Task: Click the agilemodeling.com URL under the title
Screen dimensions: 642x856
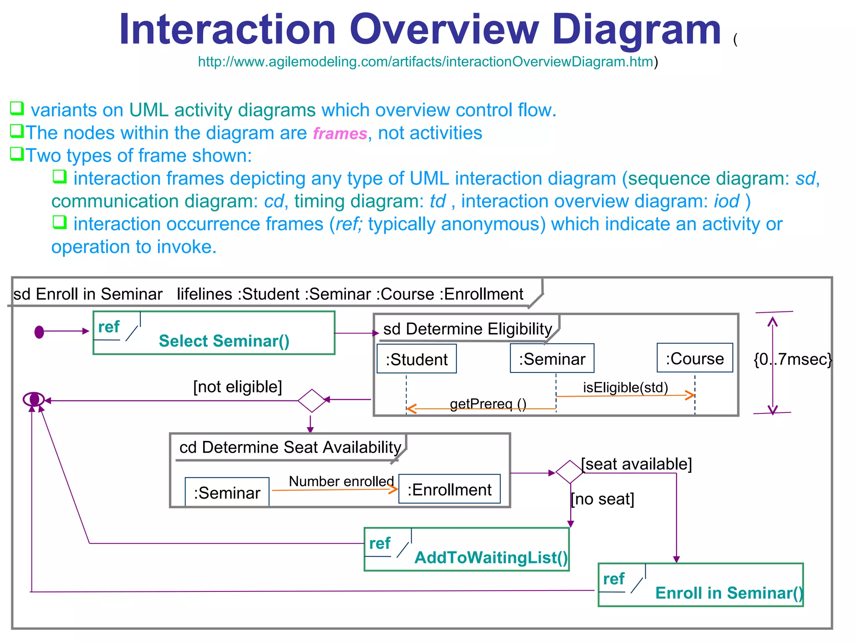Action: click(x=425, y=62)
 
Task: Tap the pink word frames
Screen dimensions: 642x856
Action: click(x=340, y=134)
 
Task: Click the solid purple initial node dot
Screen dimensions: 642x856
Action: click(x=39, y=332)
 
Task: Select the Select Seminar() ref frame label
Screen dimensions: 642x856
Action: click(x=224, y=341)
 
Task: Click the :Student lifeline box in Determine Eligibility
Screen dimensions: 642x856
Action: click(x=416, y=359)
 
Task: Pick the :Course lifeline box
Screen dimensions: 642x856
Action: click(x=695, y=358)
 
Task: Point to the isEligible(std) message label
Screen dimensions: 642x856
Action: click(x=625, y=387)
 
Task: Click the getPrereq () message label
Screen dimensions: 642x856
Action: click(x=488, y=404)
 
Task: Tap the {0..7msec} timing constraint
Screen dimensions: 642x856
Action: click(x=792, y=359)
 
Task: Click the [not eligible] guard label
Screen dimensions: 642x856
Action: click(x=237, y=387)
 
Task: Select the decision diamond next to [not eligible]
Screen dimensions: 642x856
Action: click(x=312, y=400)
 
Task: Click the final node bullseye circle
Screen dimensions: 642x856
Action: click(x=34, y=400)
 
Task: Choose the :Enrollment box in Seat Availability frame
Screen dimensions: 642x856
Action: click(x=449, y=489)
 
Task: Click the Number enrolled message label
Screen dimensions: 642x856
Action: click(x=341, y=481)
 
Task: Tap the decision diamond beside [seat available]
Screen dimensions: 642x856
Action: click(x=570, y=472)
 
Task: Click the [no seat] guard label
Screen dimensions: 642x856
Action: click(x=602, y=499)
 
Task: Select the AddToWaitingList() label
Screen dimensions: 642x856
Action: click(x=491, y=558)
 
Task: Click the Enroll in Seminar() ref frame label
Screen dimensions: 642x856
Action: click(x=729, y=593)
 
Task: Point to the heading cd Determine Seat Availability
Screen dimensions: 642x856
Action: click(x=290, y=447)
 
